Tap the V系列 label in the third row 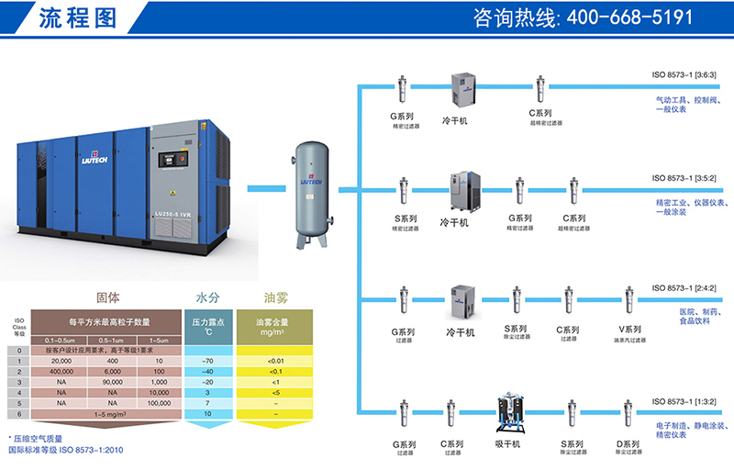tap(628, 330)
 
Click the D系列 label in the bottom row tap(628, 443)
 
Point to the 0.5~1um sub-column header tap(108, 341)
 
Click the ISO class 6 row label tap(18, 414)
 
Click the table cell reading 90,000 tap(108, 382)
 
